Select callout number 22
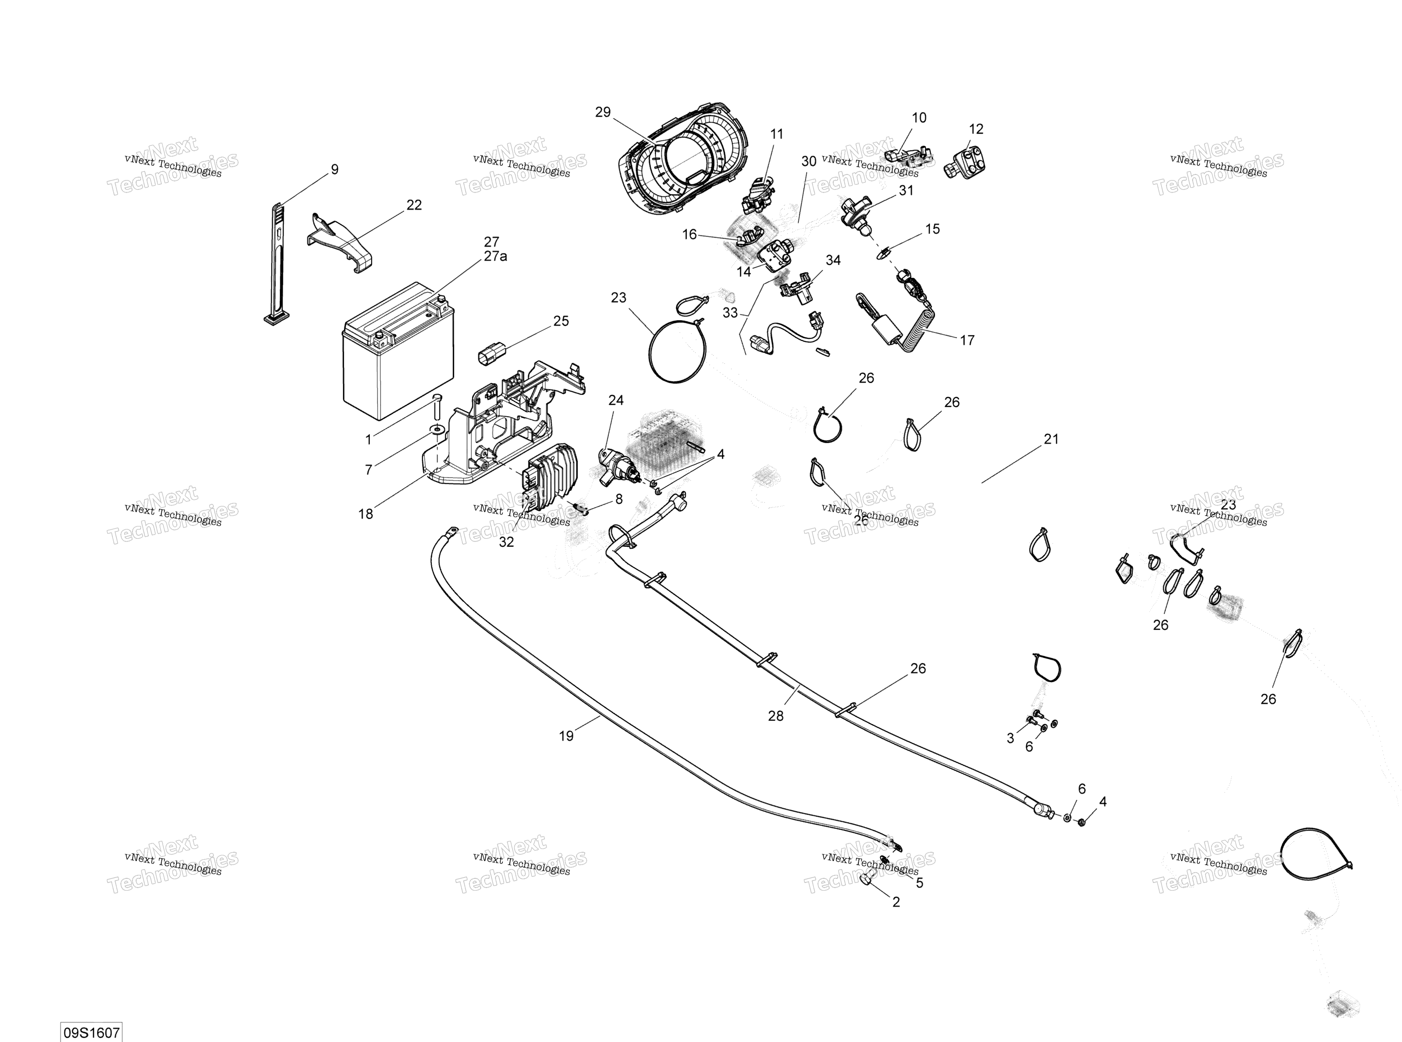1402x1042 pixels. click(x=414, y=205)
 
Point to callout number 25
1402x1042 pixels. click(x=561, y=321)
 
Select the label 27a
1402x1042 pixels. click(x=495, y=256)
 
